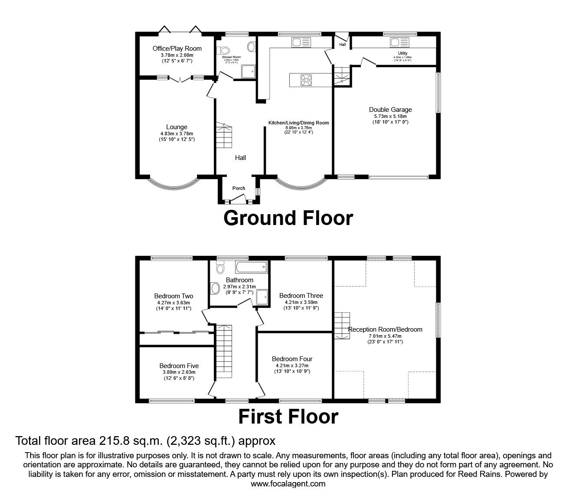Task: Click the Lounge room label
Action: (176, 127)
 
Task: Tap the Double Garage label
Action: (390, 110)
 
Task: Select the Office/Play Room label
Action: (177, 49)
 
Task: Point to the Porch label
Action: (239, 188)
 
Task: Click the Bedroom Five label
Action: (179, 365)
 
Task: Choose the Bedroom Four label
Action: (292, 359)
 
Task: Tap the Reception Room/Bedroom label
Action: (385, 329)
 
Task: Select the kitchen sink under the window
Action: (301, 42)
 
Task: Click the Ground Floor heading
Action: (288, 218)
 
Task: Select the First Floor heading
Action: (288, 417)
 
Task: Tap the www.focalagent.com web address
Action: (288, 484)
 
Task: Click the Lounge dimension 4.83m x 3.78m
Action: (176, 134)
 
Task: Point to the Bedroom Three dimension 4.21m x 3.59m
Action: (301, 302)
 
